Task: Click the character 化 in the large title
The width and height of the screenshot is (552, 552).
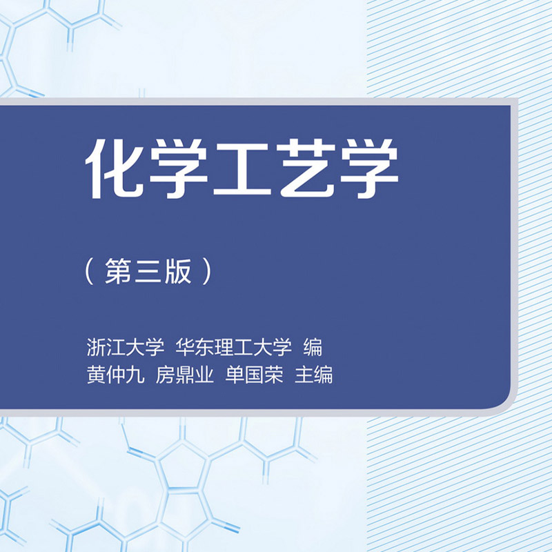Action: [115, 168]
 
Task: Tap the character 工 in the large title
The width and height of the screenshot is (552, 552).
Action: [242, 168]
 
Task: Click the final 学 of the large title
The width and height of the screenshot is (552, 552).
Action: [369, 168]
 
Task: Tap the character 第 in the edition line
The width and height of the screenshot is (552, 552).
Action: [118, 270]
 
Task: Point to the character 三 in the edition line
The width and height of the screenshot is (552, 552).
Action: [148, 271]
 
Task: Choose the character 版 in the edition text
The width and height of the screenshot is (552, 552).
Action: [178, 270]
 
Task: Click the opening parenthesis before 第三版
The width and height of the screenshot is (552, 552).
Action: [90, 271]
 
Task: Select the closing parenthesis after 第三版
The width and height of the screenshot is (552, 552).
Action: [207, 271]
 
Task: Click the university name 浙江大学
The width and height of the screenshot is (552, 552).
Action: [126, 348]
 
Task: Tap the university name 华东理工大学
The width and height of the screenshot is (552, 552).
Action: [234, 348]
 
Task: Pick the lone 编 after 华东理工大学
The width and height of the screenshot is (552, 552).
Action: [313, 348]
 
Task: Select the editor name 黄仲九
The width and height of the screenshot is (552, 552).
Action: [115, 375]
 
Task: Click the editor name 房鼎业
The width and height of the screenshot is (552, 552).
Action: [185, 375]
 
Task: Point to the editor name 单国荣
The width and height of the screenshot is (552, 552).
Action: [254, 375]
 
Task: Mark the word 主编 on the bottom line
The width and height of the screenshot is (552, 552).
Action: [314, 375]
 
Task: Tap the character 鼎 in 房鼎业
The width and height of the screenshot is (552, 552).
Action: [185, 375]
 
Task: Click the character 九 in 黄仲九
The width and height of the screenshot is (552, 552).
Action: [135, 375]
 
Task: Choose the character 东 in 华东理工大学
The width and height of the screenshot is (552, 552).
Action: [205, 348]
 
